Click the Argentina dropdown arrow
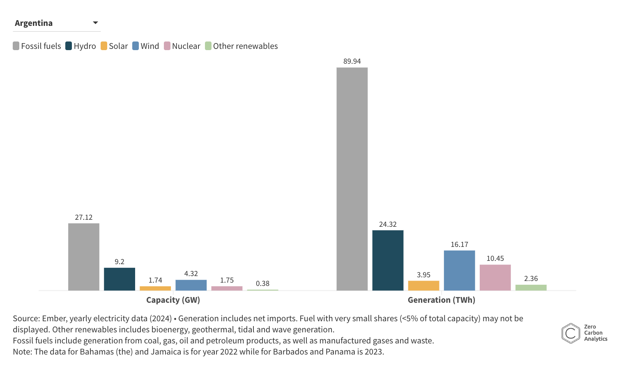point(95,23)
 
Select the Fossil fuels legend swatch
point(16,46)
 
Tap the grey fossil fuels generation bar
point(352,179)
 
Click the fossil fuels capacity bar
point(84,257)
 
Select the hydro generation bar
point(388,260)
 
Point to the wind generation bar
point(459,270)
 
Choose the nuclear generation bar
point(495,277)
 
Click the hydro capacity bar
point(120,279)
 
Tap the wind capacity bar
point(191,285)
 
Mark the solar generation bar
point(423,286)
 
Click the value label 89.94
point(352,61)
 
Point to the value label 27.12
point(84,217)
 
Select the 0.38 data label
point(262,283)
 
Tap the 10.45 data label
point(495,258)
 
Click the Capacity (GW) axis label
point(173,300)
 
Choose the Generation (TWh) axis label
point(441,300)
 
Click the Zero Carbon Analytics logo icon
point(570,333)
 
